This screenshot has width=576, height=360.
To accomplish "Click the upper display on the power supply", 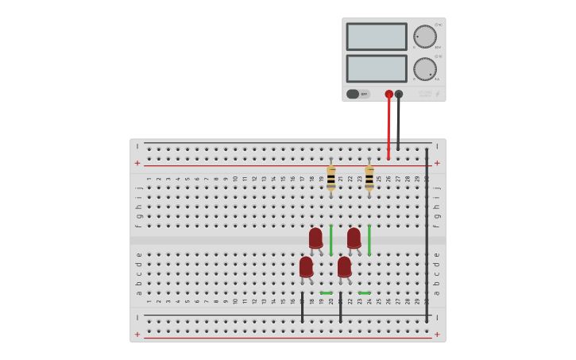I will [377, 37].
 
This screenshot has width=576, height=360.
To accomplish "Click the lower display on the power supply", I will [377, 68].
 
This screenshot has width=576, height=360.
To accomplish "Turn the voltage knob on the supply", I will [425, 37].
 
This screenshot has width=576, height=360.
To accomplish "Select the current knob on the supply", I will [425, 69].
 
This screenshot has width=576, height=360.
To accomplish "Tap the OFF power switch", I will [358, 94].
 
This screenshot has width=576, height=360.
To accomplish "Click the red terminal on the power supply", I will [389, 94].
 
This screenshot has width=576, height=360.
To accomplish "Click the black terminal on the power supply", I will [399, 94].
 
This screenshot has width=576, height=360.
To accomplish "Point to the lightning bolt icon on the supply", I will [437, 94].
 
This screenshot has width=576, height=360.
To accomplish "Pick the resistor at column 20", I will [331, 178].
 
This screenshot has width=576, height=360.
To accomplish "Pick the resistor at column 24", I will [369, 178].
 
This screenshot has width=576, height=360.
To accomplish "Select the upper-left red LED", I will [315, 238].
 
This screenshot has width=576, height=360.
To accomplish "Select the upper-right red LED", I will [354, 238].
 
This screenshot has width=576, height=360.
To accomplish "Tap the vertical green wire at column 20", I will [331, 240].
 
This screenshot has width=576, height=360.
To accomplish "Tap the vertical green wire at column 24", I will [369, 240].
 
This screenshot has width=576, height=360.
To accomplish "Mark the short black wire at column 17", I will [302, 307].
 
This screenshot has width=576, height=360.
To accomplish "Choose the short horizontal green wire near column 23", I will [364, 293].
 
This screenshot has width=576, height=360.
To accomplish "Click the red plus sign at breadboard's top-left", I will [137, 163].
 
